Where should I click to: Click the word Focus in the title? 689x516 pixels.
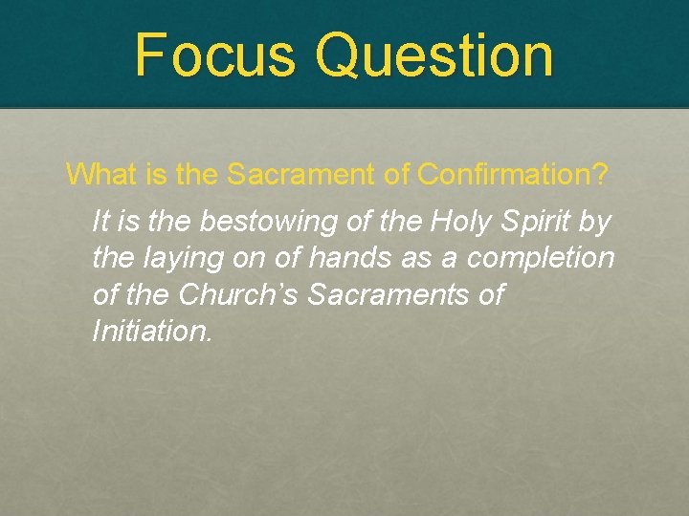point(215,54)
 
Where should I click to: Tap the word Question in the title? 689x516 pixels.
point(434,55)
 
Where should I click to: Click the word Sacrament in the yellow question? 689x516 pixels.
point(301,174)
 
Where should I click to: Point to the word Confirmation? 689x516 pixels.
point(504,174)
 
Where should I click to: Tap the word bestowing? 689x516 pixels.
point(269,222)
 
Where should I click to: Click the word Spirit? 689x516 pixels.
point(536,222)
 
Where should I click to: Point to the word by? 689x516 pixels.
point(594,222)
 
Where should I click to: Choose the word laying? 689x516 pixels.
point(184,258)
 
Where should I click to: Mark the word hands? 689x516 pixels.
point(350,257)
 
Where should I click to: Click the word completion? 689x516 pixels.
point(540,258)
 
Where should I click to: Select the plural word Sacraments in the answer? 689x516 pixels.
point(388,293)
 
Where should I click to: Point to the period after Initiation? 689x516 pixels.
point(209,339)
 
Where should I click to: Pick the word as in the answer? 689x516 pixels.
point(416,260)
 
